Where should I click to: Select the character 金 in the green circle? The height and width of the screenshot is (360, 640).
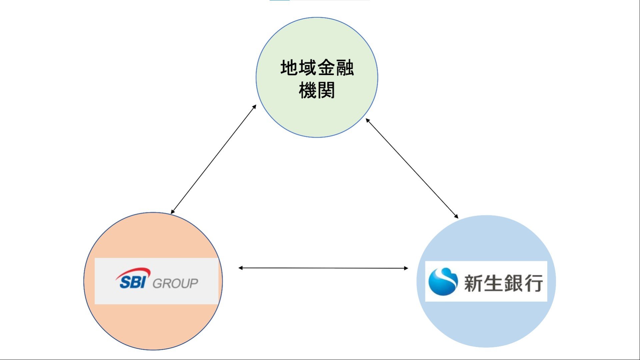click(326, 68)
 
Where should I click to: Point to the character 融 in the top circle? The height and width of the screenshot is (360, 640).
click(345, 68)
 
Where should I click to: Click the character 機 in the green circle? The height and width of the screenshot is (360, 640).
click(308, 91)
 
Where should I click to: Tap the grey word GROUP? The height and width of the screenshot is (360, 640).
click(175, 284)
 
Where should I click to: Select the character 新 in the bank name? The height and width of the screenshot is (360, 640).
click(474, 283)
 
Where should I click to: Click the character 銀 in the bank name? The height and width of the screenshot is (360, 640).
click(513, 283)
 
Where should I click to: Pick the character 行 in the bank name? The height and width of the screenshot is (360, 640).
click(533, 283)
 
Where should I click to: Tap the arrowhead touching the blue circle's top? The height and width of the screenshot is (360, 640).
click(456, 217)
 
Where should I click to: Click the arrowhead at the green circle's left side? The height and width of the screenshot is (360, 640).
click(254, 107)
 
